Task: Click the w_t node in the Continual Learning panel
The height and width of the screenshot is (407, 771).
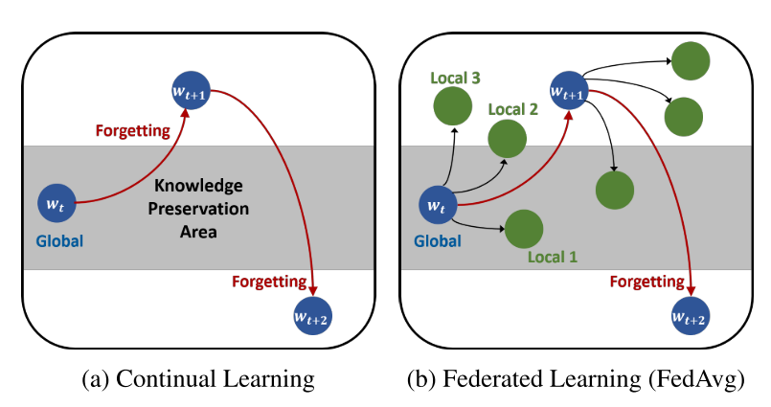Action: click(56, 203)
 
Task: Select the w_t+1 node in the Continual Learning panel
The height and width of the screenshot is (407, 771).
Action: click(190, 90)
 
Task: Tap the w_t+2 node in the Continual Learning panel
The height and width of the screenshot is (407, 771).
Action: click(312, 318)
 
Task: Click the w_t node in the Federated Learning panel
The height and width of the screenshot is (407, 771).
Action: click(438, 204)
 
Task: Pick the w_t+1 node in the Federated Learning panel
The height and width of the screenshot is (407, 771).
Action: click(569, 90)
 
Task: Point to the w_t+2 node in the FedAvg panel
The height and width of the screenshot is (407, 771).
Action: click(692, 318)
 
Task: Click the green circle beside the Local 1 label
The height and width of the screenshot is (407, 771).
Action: click(524, 229)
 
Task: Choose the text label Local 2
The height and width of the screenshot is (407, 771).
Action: click(512, 109)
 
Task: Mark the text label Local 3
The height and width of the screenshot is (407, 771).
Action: click(456, 75)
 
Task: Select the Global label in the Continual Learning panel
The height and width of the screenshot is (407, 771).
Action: click(59, 240)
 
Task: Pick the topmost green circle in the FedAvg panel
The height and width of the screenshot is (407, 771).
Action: click(690, 61)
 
